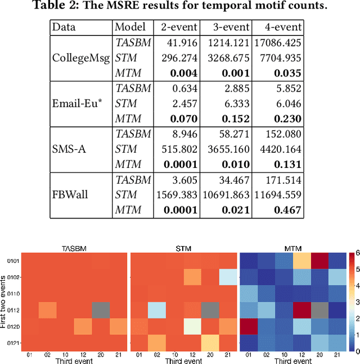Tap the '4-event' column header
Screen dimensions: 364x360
coord(277,27)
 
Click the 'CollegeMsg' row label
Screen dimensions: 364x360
coord(78,57)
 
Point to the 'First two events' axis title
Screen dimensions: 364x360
coord(4,299)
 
